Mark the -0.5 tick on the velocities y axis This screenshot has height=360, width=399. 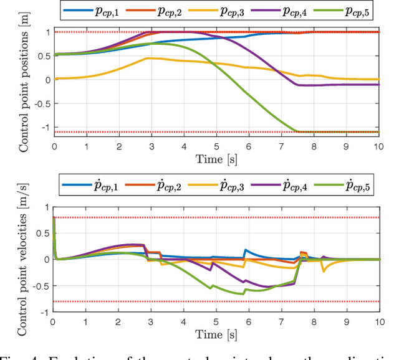[39, 286]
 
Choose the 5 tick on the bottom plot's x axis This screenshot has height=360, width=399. [216, 323]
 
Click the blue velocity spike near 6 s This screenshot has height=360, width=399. [246, 250]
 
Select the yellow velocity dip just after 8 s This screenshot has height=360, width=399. [324, 272]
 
